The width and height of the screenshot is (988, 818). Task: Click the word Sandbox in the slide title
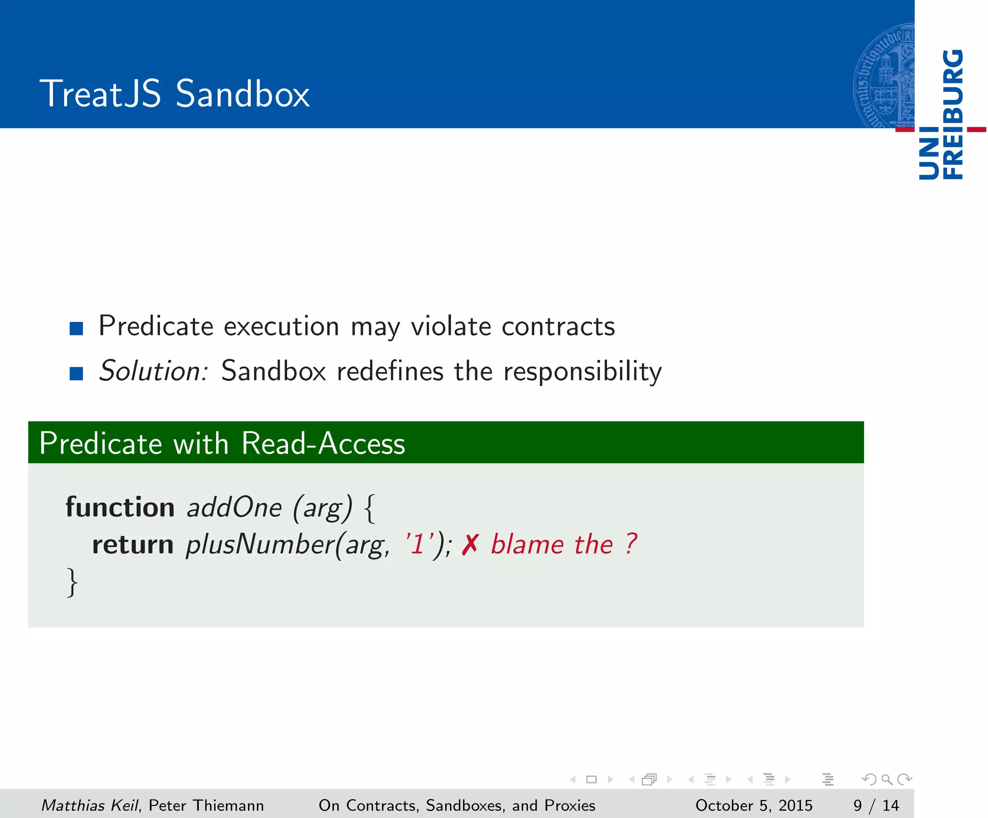click(242, 94)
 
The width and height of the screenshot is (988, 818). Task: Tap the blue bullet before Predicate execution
click(76, 329)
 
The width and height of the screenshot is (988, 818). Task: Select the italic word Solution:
click(153, 371)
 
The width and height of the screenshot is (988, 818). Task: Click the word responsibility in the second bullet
click(582, 372)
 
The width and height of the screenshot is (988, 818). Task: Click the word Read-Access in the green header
click(323, 443)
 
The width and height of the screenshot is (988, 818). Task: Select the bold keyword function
click(120, 507)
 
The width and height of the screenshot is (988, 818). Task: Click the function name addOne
click(234, 508)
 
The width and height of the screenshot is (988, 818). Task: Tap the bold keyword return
click(133, 544)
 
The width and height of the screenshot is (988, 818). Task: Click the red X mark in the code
click(469, 545)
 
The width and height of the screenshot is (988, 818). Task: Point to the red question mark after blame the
click(631, 544)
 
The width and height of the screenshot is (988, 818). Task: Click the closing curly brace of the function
click(72, 582)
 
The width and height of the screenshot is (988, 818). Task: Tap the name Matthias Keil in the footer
click(90, 805)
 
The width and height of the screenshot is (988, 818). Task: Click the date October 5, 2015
click(754, 805)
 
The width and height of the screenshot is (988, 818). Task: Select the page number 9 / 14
click(876, 805)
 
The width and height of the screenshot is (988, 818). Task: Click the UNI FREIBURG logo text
click(941, 115)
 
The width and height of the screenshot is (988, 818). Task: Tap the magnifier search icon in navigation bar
click(887, 779)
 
